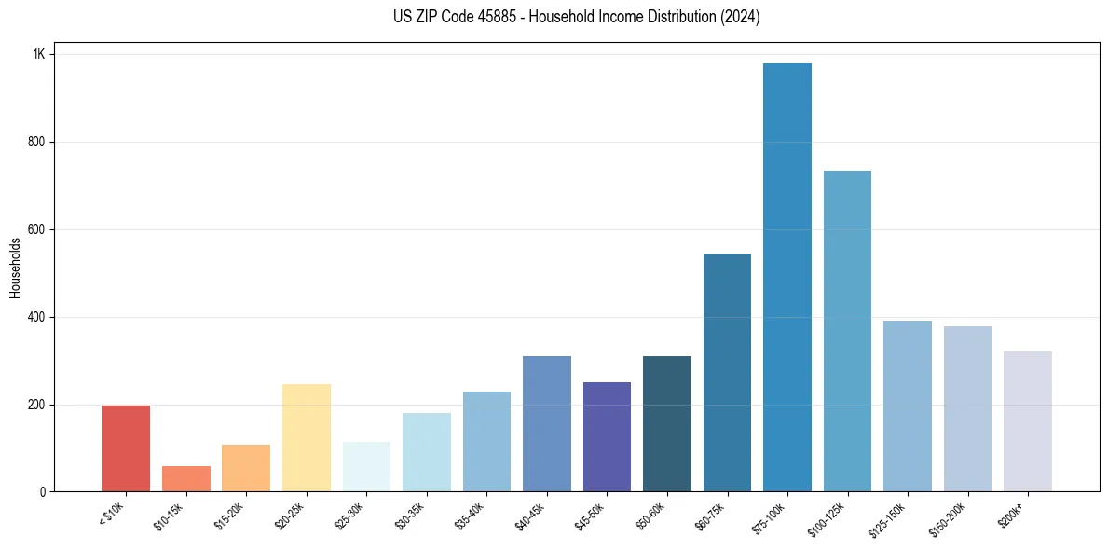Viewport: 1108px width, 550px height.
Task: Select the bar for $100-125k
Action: (x=847, y=331)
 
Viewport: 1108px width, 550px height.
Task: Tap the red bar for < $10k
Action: (x=126, y=448)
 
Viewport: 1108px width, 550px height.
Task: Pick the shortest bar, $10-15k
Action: (x=186, y=479)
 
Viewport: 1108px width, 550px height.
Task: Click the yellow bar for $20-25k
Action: (x=307, y=438)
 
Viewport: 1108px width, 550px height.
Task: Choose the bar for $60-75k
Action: (x=727, y=373)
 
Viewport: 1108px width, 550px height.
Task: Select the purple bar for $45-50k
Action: (x=607, y=437)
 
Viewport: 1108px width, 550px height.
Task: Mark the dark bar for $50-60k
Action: (x=667, y=424)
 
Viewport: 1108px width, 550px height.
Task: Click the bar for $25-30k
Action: (x=366, y=467)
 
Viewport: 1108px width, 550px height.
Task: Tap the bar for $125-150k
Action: (x=908, y=406)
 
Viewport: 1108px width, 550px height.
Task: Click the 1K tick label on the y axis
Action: (x=39, y=55)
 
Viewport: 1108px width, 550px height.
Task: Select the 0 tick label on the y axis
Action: (x=43, y=492)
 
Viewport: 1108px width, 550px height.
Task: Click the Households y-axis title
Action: (x=15, y=268)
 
